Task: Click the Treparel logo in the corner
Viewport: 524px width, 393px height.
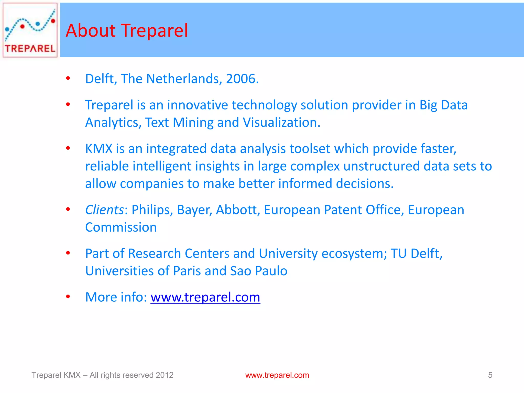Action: click(30, 30)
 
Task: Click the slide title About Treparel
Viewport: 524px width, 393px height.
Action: click(127, 30)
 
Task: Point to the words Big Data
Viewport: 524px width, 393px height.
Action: click(443, 105)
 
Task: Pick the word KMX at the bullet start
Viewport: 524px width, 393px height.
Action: click(99, 149)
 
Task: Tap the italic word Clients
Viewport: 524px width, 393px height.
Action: click(104, 210)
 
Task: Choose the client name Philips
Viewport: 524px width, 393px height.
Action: click(152, 210)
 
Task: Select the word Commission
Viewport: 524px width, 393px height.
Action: click(121, 227)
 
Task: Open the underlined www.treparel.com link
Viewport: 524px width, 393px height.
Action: click(205, 297)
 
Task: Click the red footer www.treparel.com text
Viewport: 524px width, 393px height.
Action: click(277, 375)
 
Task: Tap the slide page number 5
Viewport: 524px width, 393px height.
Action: click(490, 375)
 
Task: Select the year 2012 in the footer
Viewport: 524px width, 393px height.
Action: click(165, 375)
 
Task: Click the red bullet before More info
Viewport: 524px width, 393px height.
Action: click(68, 297)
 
